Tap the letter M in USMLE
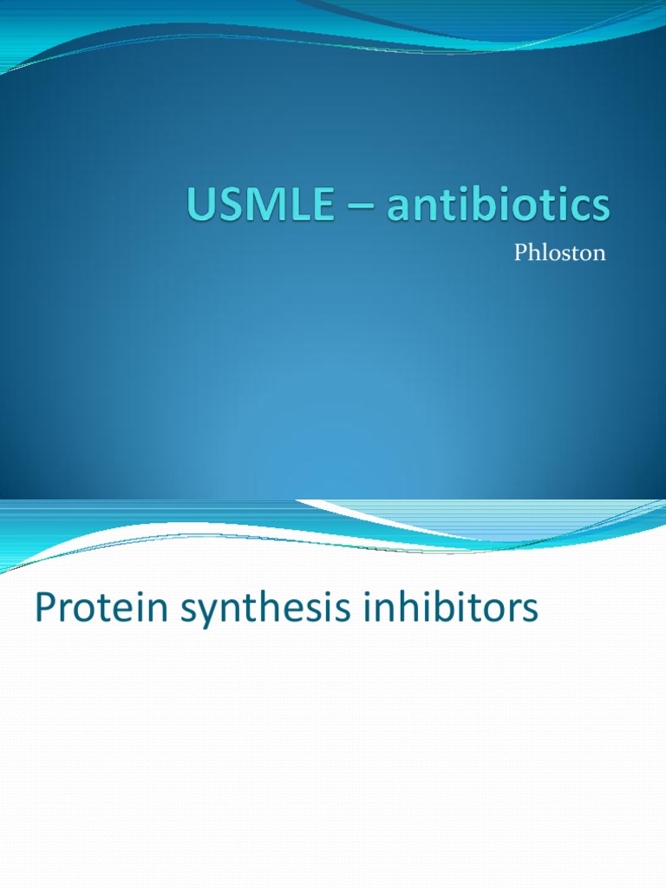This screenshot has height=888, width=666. (258, 206)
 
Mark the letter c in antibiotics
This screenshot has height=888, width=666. (578, 211)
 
